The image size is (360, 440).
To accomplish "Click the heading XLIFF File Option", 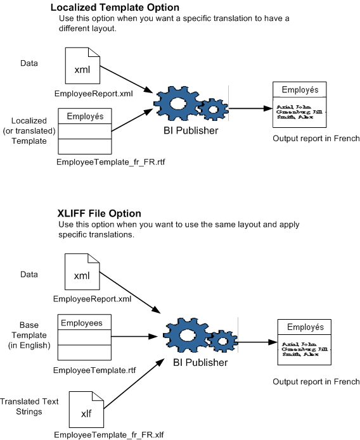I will [99, 213].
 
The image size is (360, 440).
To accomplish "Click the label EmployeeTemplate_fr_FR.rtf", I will [106, 162].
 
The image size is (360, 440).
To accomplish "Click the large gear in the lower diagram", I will [188, 336].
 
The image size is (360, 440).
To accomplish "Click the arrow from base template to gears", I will [134, 337].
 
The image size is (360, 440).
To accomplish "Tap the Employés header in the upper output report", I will [300, 90].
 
